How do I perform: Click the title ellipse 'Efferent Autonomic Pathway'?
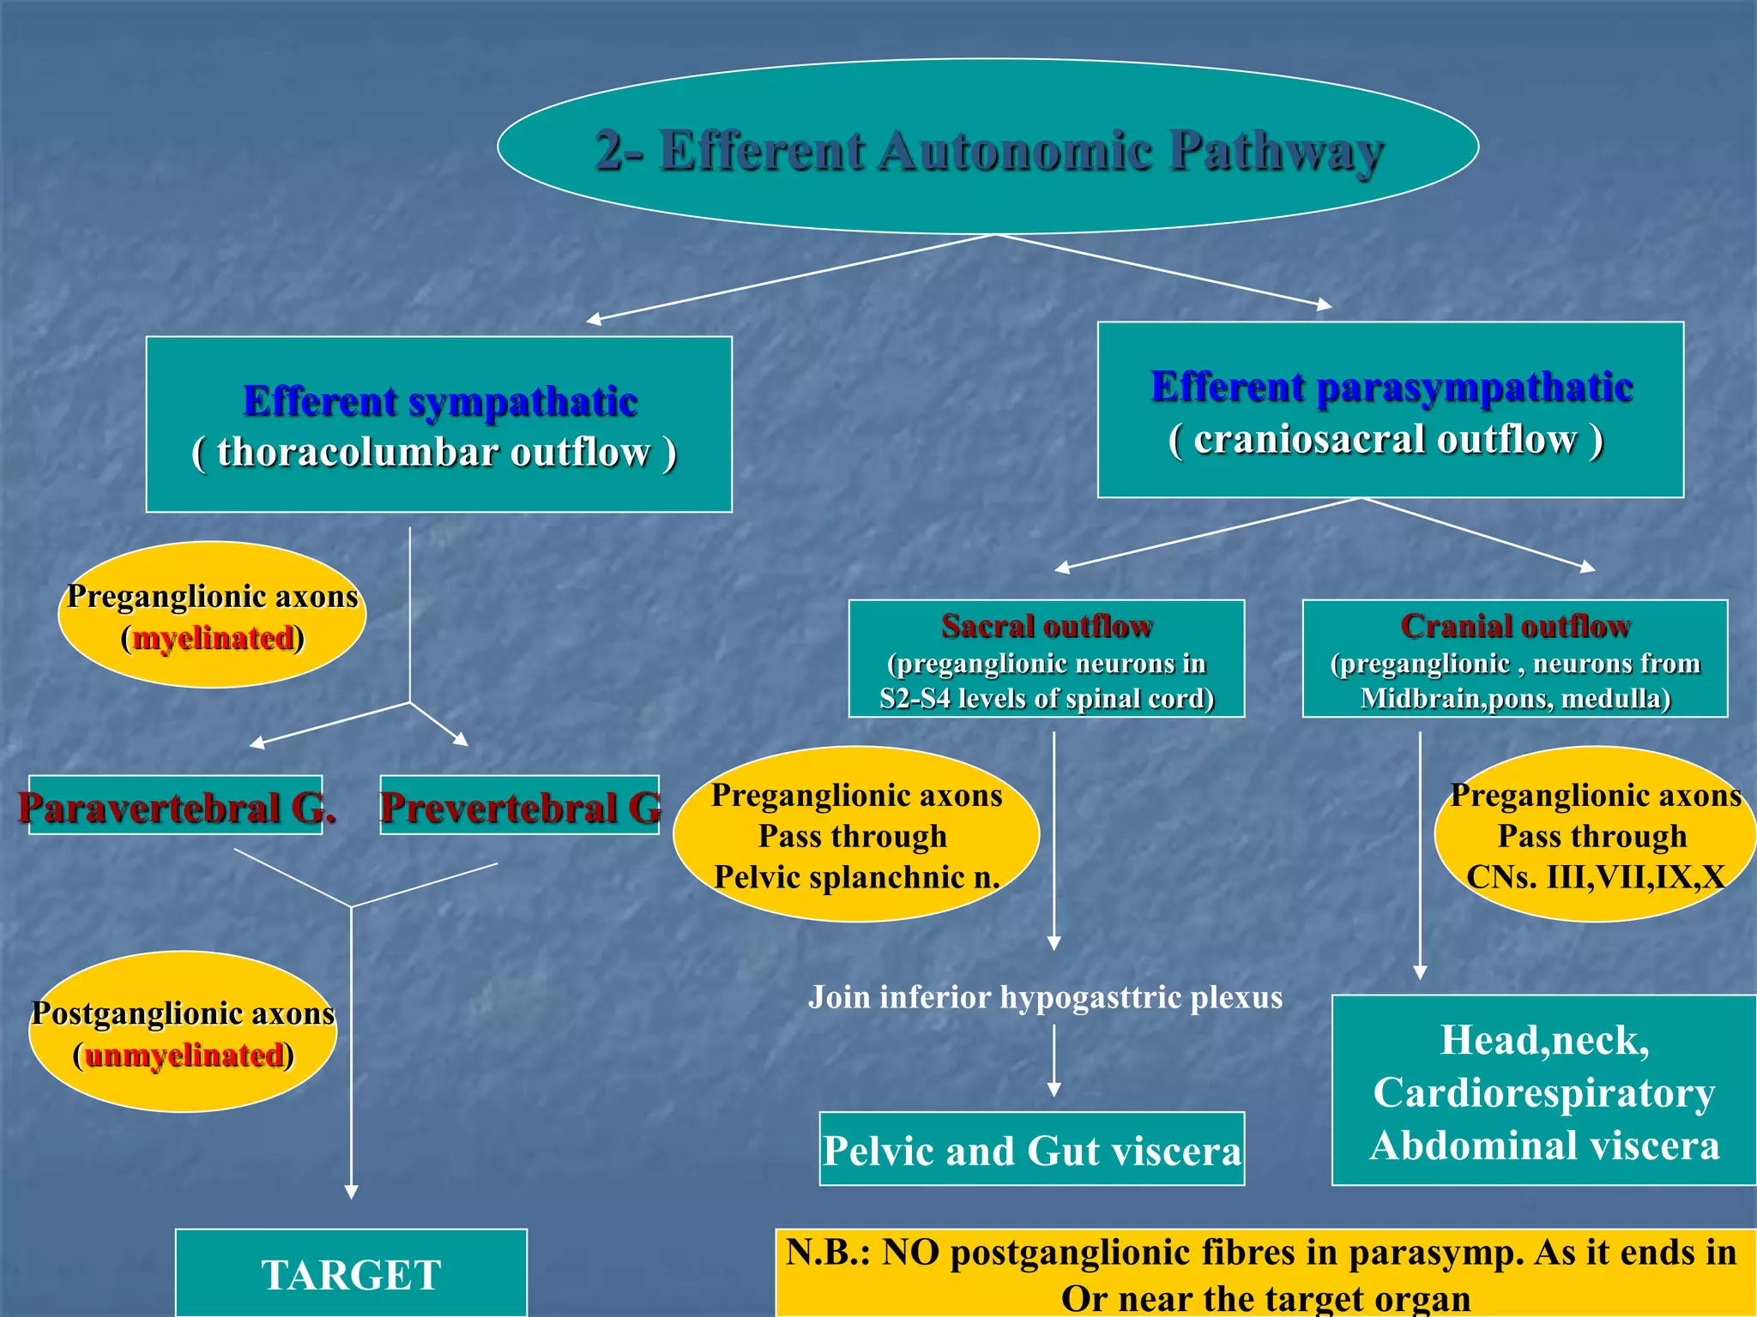(988, 147)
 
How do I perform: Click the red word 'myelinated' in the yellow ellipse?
(213, 639)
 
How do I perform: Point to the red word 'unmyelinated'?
(184, 1055)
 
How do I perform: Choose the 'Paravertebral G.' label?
(176, 807)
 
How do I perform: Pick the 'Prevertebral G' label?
(520, 807)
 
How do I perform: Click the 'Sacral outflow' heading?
(1047, 626)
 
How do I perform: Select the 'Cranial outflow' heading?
(1515, 626)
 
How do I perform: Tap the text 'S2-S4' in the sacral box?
(915, 699)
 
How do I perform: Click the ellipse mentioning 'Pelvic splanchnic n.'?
(856, 835)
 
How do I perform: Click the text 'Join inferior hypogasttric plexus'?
(1045, 997)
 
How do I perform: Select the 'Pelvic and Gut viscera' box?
(1031, 1150)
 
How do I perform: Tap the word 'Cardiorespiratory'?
(1544, 1093)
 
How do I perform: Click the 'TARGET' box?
(351, 1274)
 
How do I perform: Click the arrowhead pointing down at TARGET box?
(351, 1192)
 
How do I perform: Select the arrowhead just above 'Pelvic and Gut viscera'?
(1054, 1090)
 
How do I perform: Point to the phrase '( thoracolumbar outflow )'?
(434, 453)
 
